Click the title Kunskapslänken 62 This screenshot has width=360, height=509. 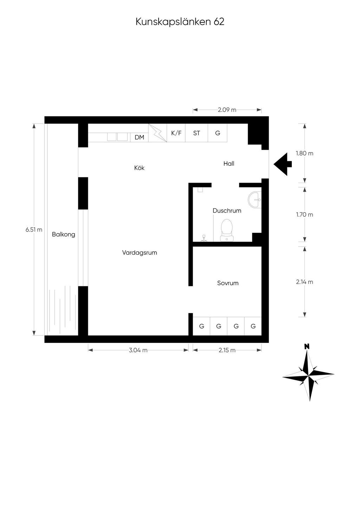(x=180, y=22)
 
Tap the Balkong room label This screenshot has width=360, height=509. (x=63, y=235)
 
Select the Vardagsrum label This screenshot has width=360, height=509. (x=140, y=253)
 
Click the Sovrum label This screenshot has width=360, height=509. (x=228, y=283)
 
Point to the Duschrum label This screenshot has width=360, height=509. (x=227, y=211)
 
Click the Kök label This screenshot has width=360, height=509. (x=139, y=168)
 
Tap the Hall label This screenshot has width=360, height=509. (x=229, y=164)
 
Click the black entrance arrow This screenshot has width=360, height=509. (x=283, y=164)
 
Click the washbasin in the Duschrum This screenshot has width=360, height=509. (x=255, y=200)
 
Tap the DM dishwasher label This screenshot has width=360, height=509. (x=140, y=137)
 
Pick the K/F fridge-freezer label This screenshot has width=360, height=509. (x=176, y=133)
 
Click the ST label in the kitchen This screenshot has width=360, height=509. (x=197, y=133)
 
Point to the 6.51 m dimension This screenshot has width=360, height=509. (x=34, y=229)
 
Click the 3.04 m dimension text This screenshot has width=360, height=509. (x=138, y=350)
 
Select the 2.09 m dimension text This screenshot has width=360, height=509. (x=227, y=110)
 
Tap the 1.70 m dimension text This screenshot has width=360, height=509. (x=304, y=215)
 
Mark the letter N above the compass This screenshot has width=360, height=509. (x=307, y=346)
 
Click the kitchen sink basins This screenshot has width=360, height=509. (x=117, y=137)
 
